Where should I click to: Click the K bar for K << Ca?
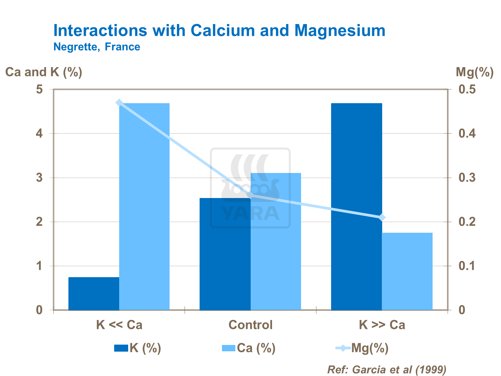click(94, 293)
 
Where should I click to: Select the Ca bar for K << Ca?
click(145, 206)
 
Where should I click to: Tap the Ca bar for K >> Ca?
click(407, 271)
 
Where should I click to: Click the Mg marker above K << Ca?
click(119, 103)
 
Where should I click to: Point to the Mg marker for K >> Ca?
click(382, 218)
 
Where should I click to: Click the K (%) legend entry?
click(138, 348)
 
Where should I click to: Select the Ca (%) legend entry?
click(249, 348)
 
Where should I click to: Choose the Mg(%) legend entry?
click(362, 348)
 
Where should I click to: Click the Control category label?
click(250, 325)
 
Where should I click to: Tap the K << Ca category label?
click(119, 325)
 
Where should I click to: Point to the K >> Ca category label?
click(382, 325)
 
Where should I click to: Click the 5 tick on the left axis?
click(39, 89)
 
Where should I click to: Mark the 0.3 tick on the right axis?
click(467, 178)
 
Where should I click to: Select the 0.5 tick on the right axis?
click(467, 89)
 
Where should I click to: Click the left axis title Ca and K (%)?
click(44, 72)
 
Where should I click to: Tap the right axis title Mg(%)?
click(474, 72)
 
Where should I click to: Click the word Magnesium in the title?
click(340, 30)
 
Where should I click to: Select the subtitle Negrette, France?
click(97, 47)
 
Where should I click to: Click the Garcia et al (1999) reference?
click(387, 369)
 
